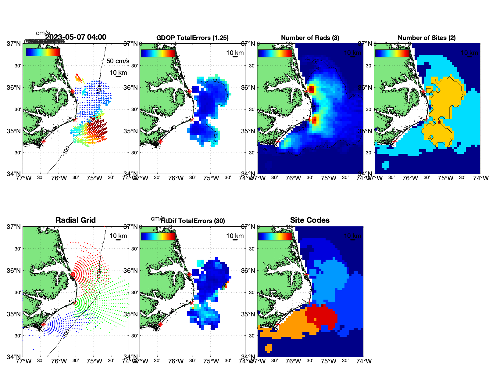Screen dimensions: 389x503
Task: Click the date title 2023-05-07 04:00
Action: point(76,37)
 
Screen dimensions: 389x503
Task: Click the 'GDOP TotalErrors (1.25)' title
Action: point(192,38)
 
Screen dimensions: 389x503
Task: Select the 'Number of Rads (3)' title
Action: point(310,38)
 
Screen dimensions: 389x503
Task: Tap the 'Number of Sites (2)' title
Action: point(426,38)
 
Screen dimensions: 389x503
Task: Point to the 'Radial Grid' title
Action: point(76,220)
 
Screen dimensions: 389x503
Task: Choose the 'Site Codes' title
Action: point(310,220)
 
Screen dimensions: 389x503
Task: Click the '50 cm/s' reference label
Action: point(118,61)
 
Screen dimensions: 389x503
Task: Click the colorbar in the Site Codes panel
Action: point(275,236)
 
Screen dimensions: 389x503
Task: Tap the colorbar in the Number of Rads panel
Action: point(275,53)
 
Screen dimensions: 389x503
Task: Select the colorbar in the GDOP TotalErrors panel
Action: point(158,53)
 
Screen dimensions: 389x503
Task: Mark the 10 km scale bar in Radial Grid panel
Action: point(118,240)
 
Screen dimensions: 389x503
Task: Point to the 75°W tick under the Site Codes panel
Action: point(329,361)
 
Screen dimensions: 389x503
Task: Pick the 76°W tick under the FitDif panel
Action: point(176,361)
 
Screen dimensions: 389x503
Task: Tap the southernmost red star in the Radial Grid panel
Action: point(43,324)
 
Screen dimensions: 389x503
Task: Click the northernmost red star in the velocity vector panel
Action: point(72,91)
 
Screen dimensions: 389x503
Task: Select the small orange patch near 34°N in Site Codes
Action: point(269,348)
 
